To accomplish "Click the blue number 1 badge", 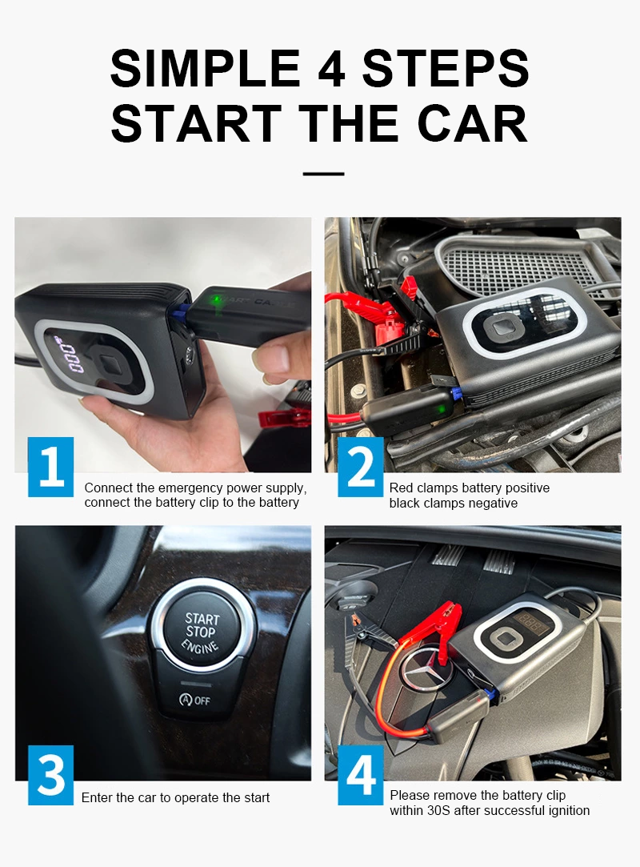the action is click(51, 467).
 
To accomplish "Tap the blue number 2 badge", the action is click(360, 467).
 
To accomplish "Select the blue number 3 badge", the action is click(51, 775).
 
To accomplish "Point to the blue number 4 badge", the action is click(360, 775).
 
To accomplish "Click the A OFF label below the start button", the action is click(194, 700).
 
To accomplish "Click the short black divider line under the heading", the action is click(323, 174).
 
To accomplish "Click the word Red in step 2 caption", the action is click(401, 488).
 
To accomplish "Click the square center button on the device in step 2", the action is click(502, 327).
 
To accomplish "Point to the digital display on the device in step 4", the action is click(528, 623).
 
